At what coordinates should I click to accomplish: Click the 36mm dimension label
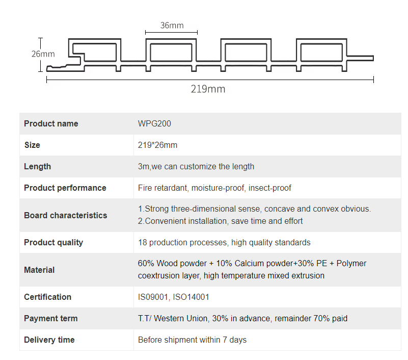(x=172, y=25)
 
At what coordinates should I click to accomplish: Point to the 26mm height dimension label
(x=43, y=54)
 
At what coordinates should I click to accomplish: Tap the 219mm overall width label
(x=208, y=89)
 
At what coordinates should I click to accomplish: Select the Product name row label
(x=51, y=123)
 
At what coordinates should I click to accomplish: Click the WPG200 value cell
(x=151, y=123)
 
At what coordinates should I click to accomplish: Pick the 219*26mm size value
(x=157, y=145)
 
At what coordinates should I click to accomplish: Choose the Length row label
(x=37, y=166)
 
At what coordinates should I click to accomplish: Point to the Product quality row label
(x=53, y=242)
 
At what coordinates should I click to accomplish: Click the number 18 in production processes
(x=143, y=242)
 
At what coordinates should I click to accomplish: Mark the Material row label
(x=39, y=270)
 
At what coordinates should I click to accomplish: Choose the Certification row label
(x=47, y=297)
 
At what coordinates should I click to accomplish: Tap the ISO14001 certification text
(x=191, y=297)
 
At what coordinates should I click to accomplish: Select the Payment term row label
(x=50, y=318)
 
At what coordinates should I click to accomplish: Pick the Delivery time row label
(x=49, y=340)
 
